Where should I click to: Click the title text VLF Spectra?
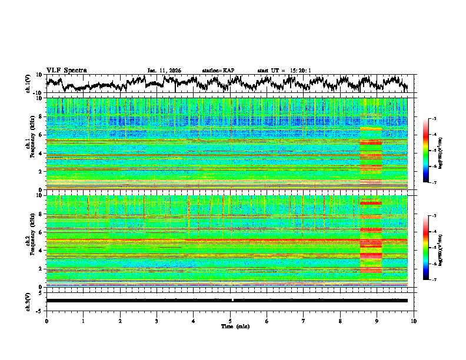pos(66,71)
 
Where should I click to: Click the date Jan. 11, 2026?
pos(164,71)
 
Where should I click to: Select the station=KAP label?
pos(218,71)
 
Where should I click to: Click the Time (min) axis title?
pos(230,326)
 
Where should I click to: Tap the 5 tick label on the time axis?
pos(230,321)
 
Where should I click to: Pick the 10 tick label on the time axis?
pos(414,321)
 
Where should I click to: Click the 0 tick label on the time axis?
pos(46,321)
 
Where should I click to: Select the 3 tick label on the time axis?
pos(157,321)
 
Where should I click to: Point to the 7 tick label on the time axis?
pos(304,321)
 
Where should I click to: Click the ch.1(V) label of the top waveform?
pos(28,84)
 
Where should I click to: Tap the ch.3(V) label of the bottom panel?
pos(28,300)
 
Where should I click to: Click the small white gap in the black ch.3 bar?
pos(233,300)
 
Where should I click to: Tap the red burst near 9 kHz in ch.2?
pos(371,203)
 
